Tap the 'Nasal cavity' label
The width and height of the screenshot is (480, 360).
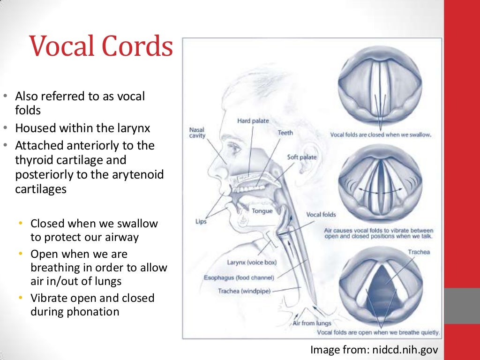(197, 133)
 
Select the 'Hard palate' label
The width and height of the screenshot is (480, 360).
(253, 121)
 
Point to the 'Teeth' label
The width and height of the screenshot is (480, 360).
(285, 133)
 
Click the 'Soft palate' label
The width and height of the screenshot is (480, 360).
(302, 157)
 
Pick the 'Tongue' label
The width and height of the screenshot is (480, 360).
(262, 211)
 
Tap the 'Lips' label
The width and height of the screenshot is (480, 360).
(201, 221)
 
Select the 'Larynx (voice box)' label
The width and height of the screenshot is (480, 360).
(252, 262)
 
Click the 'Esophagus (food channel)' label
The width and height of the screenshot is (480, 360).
(239, 277)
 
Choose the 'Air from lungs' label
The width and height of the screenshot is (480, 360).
(312, 323)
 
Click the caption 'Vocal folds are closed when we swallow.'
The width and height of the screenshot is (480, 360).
(381, 135)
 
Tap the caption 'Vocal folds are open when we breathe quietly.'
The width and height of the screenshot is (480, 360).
(379, 333)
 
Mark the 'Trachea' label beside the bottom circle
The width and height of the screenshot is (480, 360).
(419, 252)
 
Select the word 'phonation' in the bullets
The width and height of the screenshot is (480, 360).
(93, 311)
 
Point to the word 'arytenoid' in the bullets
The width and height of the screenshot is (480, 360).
(138, 174)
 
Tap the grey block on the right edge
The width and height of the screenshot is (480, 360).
(462, 305)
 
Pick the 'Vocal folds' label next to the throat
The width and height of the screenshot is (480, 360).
(321, 215)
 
